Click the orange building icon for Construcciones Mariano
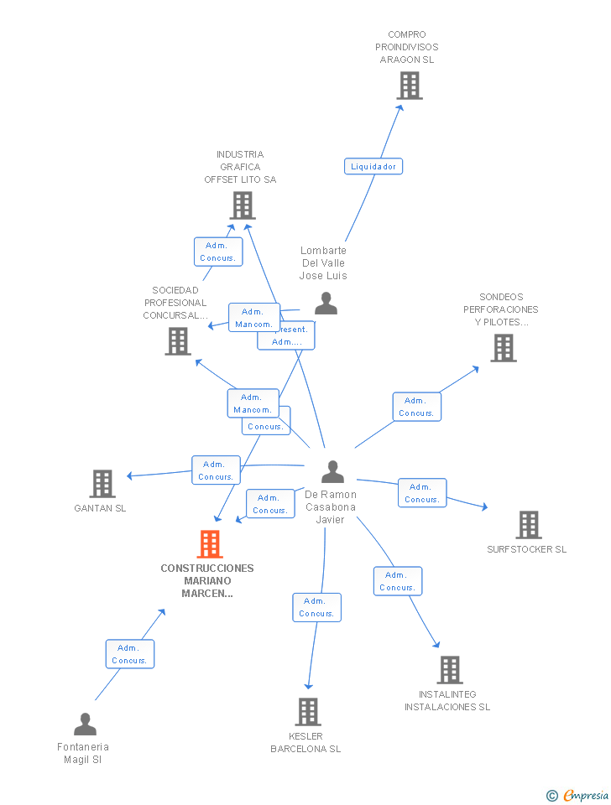(209, 544)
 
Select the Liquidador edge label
(373, 166)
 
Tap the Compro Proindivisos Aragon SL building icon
(409, 86)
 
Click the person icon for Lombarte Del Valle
(326, 304)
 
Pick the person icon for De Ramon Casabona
(332, 472)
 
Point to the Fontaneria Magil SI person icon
(85, 724)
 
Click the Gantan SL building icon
(102, 484)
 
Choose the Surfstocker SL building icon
(528, 525)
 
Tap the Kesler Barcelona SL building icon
(308, 712)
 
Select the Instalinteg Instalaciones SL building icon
(450, 670)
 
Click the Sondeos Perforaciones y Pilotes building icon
(503, 348)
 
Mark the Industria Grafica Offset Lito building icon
(242, 205)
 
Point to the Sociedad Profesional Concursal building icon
(177, 341)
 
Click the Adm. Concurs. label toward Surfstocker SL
(421, 493)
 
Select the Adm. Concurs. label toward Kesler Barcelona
(316, 607)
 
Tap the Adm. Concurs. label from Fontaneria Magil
(129, 654)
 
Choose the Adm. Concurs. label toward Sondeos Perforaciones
(416, 407)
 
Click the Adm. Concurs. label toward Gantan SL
(216, 470)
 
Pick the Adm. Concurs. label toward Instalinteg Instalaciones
(397, 581)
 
